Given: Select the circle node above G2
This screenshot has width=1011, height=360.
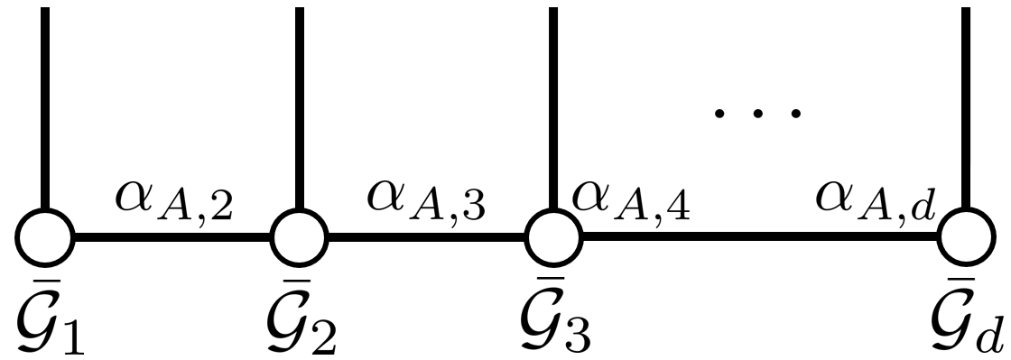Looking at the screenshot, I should pyautogui.click(x=300, y=239).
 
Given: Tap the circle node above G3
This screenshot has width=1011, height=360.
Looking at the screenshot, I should pyautogui.click(x=553, y=239).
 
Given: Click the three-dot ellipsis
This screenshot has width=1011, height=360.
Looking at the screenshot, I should pyautogui.click(x=756, y=113).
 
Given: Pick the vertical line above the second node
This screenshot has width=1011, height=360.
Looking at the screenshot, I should pyautogui.click(x=300, y=108).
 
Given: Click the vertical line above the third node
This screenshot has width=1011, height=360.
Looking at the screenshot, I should pyautogui.click(x=553, y=108).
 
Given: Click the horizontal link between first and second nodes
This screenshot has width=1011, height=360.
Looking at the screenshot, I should pyautogui.click(x=172, y=239).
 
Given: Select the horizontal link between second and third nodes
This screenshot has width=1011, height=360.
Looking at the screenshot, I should pyautogui.click(x=426, y=239).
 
